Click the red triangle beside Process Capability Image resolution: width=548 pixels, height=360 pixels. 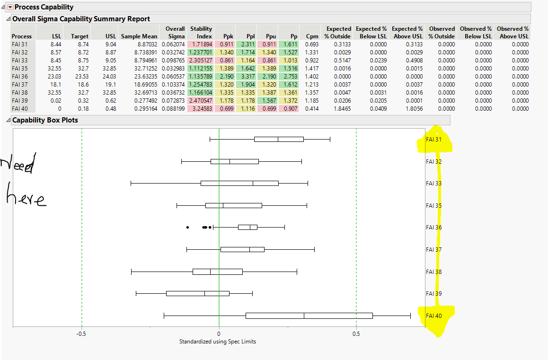point(10,7)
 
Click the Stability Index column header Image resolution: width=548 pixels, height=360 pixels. point(201,32)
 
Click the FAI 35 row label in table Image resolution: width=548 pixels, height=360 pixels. point(20,68)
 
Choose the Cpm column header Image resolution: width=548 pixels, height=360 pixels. point(312,36)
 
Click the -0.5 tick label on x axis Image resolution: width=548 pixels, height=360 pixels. point(81,334)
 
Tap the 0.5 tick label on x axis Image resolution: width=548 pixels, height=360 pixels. point(356,334)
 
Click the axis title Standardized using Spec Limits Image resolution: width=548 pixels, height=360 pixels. point(218,342)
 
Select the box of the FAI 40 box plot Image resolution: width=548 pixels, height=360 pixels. point(309,316)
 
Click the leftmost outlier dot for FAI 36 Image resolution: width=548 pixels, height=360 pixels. point(187,228)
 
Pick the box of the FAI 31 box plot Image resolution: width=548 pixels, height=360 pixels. point(279,139)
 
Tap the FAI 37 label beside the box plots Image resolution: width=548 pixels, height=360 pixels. point(433,249)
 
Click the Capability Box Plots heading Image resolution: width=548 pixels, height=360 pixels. point(45,120)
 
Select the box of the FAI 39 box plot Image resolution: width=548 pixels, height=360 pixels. point(198,293)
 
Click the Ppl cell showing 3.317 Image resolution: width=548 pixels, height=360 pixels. point(248,76)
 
